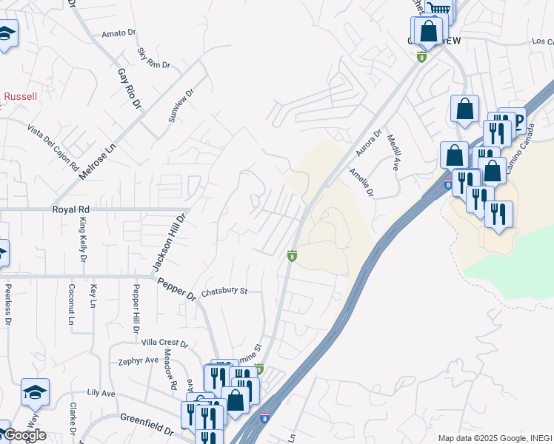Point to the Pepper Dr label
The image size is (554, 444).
coord(176,289)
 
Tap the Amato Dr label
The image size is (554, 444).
coord(119,33)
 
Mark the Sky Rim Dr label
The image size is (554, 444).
coord(154,58)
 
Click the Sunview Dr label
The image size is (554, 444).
coord(181,107)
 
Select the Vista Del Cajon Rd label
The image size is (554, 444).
coord(53,147)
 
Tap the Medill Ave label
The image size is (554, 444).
coord(396,154)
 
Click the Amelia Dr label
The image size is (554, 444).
coord(362,182)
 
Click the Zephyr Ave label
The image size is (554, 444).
coord(138,360)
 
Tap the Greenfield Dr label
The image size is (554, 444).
coord(147,423)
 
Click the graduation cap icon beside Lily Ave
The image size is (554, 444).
coord(35,393)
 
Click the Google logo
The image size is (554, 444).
coord(24,435)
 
